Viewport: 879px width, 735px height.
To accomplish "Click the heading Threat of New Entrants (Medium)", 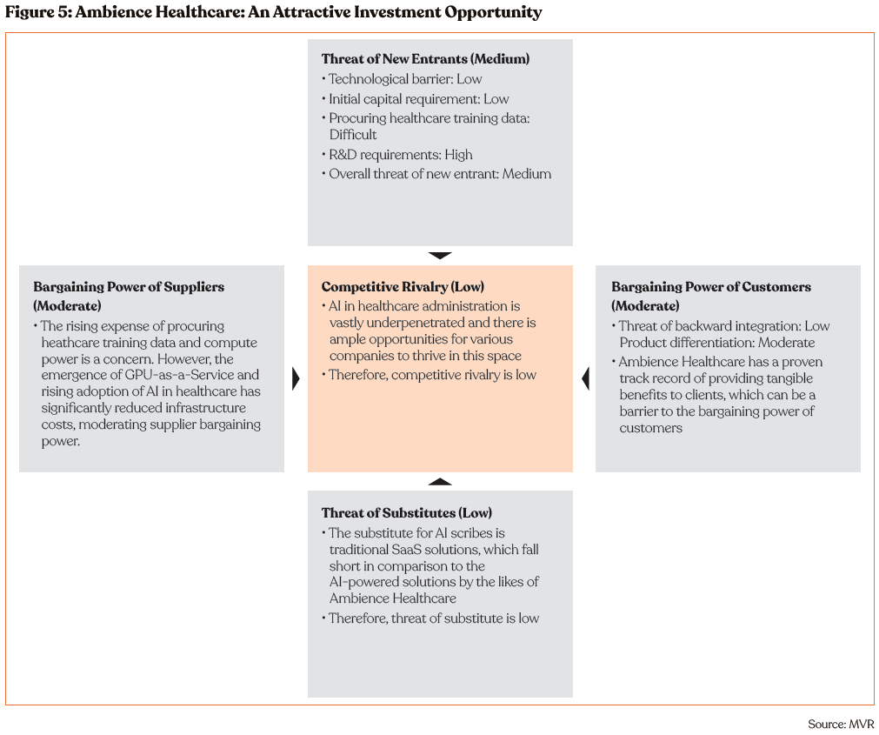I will coord(425,59).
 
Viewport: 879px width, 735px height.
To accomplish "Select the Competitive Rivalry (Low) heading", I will coord(403,287).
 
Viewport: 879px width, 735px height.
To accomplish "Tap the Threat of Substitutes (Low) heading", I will coord(407,513).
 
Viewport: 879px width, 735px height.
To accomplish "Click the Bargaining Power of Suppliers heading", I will coord(129,287).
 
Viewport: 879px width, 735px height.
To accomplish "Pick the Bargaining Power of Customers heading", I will coord(711,287).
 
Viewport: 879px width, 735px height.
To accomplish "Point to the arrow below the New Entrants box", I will coord(440,256).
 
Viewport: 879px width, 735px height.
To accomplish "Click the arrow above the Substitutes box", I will coord(440,481).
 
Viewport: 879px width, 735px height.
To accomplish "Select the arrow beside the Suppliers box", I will coord(296,378).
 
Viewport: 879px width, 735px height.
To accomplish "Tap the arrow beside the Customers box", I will coord(585,378).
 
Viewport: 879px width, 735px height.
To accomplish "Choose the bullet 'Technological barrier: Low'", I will coord(404,79).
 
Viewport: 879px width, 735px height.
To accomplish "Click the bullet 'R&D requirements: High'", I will coord(400,155).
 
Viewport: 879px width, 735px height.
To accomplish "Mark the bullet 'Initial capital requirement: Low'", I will coord(418,99).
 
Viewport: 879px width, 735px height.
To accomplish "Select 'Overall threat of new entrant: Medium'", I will coord(439,174).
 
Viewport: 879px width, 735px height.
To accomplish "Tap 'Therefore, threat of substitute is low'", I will coord(433,618).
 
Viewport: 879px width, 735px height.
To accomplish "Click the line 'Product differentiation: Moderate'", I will coord(716,343).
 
